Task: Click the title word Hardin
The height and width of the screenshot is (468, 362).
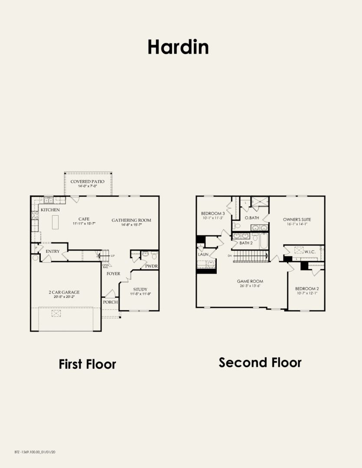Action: tap(178, 47)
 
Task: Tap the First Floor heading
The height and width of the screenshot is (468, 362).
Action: tap(87, 364)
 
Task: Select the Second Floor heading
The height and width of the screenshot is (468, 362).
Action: tap(260, 362)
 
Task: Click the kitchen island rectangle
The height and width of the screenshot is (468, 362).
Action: tap(55, 223)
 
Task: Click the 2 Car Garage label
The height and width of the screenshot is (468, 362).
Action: tap(64, 292)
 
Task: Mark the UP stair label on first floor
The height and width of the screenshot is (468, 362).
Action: tap(113, 256)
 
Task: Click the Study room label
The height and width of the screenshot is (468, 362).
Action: tap(140, 289)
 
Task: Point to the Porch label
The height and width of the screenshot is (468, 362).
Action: tap(110, 302)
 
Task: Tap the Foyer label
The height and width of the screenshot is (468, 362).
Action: tap(114, 274)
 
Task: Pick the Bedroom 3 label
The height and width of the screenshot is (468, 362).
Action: tap(212, 213)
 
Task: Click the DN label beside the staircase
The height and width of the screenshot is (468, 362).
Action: tap(230, 256)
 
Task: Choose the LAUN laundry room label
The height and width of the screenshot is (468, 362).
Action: tap(203, 255)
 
